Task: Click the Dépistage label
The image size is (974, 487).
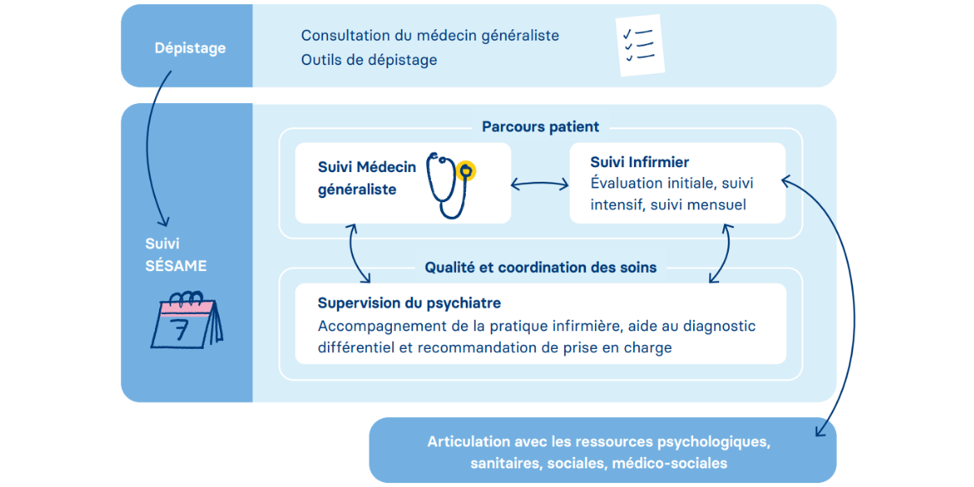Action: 190,48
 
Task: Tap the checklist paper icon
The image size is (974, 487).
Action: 640,45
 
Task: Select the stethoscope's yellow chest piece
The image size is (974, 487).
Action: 466,171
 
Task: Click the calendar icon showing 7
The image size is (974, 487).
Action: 187,320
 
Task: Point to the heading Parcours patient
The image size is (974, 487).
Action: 541,127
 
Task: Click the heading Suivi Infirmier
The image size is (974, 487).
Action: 640,162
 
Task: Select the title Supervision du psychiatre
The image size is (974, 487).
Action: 409,303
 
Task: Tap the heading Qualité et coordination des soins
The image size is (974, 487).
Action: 541,267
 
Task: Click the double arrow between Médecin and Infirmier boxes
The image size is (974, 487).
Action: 540,184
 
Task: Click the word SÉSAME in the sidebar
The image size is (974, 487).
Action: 175,265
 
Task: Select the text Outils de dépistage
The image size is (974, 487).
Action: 369,60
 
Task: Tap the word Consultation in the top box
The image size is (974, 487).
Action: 345,36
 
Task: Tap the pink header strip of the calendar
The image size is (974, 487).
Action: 187,308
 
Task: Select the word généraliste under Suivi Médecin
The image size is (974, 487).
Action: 357,190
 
